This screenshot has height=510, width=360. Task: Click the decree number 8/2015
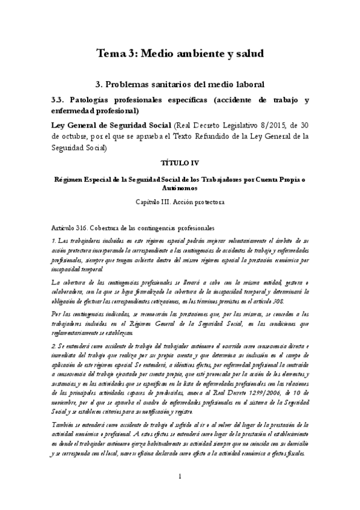[263, 125]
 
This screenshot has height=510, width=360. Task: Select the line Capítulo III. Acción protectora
[180, 202]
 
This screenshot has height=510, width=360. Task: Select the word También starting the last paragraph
[64, 409]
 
